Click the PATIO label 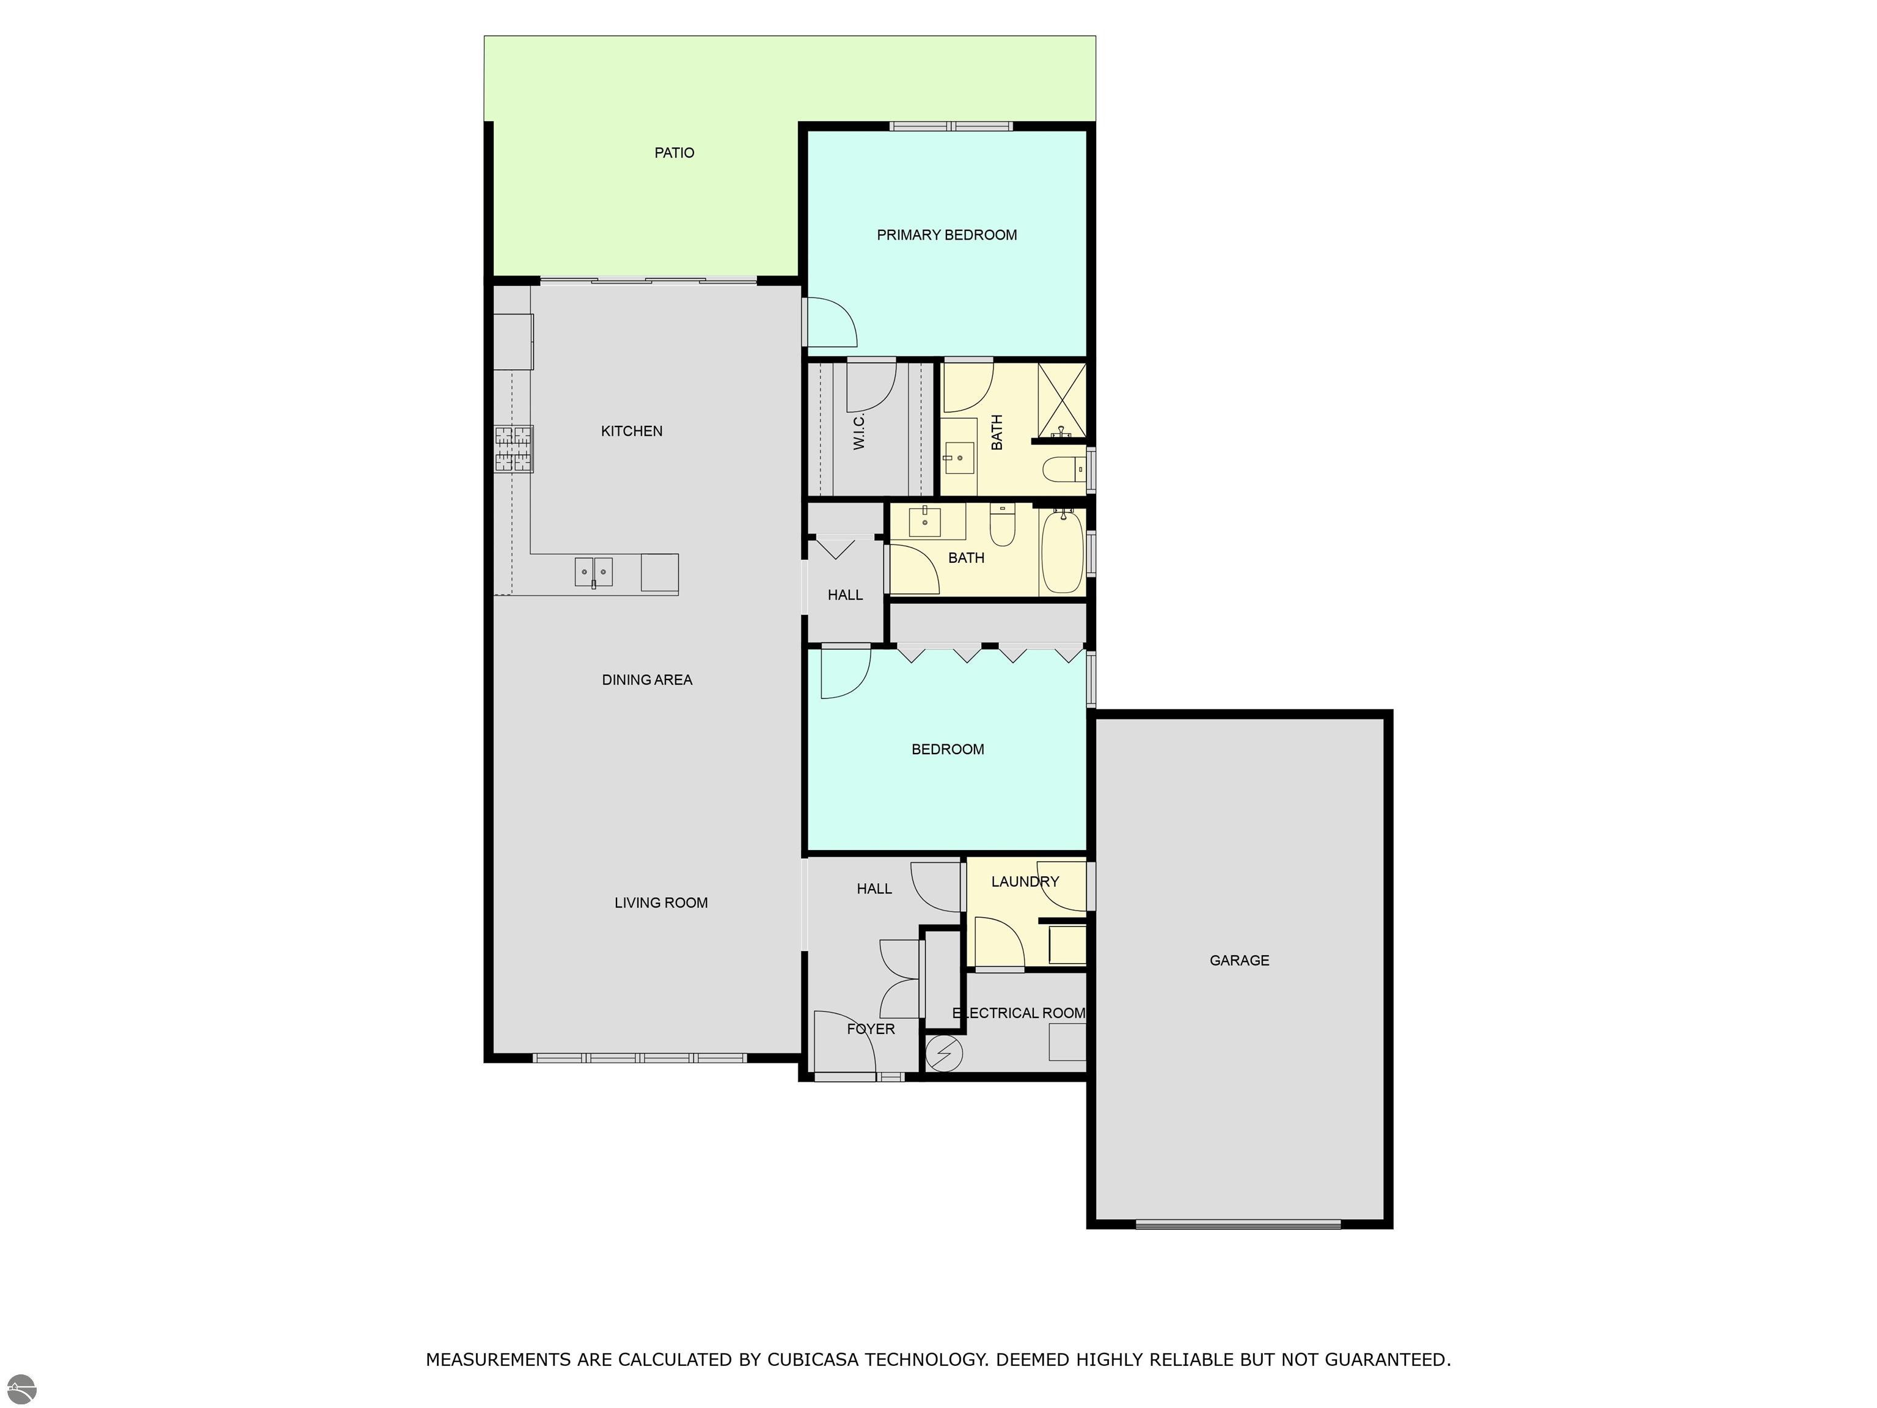coord(674,153)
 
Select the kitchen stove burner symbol coord(514,449)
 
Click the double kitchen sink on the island coord(593,571)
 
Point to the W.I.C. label coord(858,431)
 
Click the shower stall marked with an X coord(1061,399)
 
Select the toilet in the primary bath coord(1061,469)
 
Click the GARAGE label coord(1239,961)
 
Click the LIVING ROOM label coord(661,903)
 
